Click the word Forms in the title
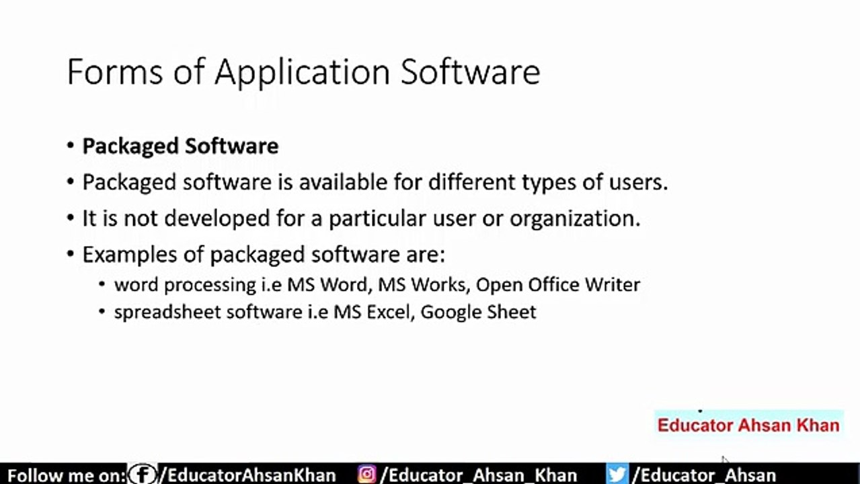pos(114,72)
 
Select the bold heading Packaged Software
pos(180,146)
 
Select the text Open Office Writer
pos(557,284)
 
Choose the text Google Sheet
pos(478,312)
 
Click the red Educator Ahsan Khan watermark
pos(748,425)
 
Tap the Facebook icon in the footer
pos(143,475)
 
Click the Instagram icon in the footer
pos(367,475)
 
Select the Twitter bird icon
pos(617,475)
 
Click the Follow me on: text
pos(66,475)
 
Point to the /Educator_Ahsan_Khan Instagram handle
pos(479,475)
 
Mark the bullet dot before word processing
pos(102,284)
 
